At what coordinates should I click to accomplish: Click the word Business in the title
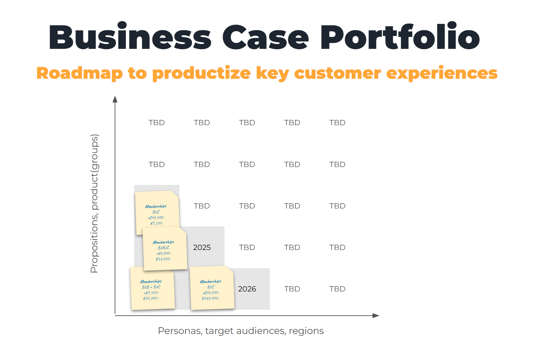(x=130, y=37)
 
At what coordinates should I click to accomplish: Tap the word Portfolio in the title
(x=400, y=37)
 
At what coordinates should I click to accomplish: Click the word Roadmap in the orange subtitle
(x=79, y=73)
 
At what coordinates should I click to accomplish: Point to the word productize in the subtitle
(x=201, y=73)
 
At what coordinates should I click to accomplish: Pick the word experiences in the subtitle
(x=442, y=73)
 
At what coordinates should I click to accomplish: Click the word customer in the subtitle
(x=337, y=73)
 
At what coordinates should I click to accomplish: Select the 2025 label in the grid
(x=202, y=247)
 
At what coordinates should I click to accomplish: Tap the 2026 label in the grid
(x=247, y=289)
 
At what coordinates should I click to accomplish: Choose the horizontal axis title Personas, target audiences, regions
(x=241, y=331)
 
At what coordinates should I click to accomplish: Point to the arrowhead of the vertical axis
(x=115, y=99)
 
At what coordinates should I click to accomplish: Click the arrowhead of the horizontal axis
(x=376, y=316)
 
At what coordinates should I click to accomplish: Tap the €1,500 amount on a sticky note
(x=156, y=223)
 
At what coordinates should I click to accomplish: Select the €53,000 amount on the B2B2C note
(x=164, y=259)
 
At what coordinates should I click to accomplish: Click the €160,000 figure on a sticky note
(x=211, y=298)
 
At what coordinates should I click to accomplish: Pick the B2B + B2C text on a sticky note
(x=151, y=287)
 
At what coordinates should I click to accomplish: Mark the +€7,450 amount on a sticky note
(x=151, y=293)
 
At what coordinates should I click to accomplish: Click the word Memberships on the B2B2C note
(x=163, y=242)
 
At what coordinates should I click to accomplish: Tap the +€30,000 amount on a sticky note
(x=211, y=293)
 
